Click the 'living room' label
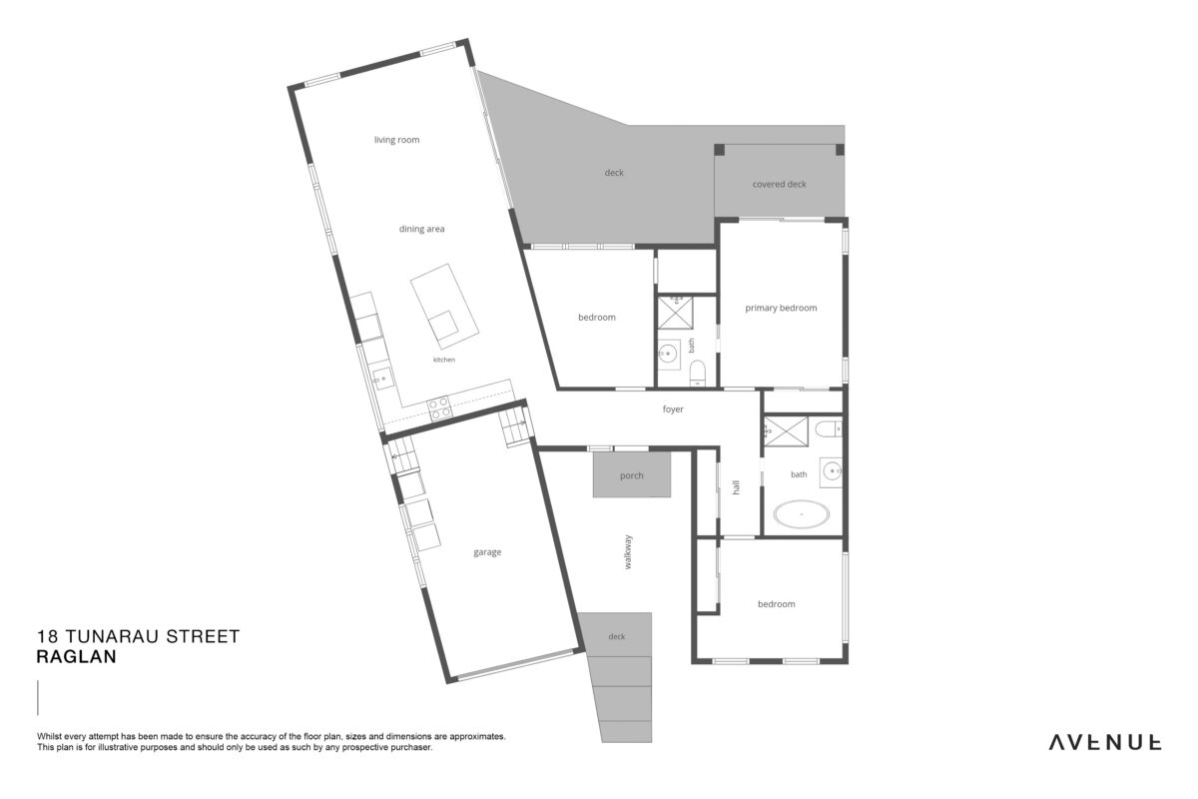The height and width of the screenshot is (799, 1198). pyautogui.click(x=396, y=140)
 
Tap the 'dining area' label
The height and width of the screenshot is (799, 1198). pyautogui.click(x=421, y=229)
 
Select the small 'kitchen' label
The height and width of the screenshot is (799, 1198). pyautogui.click(x=444, y=360)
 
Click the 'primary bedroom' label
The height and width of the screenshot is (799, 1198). pyautogui.click(x=781, y=308)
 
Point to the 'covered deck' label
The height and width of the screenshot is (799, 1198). pyautogui.click(x=780, y=184)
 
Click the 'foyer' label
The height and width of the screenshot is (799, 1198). pyautogui.click(x=673, y=409)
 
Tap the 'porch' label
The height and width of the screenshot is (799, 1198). pyautogui.click(x=632, y=475)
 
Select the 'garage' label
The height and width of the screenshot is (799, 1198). pyautogui.click(x=487, y=552)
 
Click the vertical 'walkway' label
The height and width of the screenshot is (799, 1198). pyautogui.click(x=628, y=551)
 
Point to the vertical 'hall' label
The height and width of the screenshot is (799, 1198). pyautogui.click(x=736, y=487)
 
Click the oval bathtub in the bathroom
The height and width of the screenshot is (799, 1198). pyautogui.click(x=801, y=514)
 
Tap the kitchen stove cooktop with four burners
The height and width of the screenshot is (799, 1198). pyautogui.click(x=439, y=408)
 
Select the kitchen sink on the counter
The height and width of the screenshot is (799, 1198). pyautogui.click(x=382, y=379)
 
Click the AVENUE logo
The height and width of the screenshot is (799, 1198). pyautogui.click(x=1105, y=743)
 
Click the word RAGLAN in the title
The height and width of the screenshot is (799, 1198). pyautogui.click(x=77, y=657)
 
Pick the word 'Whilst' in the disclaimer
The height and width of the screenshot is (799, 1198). pyautogui.click(x=49, y=736)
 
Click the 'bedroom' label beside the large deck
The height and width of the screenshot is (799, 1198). pyautogui.click(x=597, y=318)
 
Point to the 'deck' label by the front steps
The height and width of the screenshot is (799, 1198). pyautogui.click(x=617, y=637)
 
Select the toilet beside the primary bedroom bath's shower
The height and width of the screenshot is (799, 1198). pyautogui.click(x=828, y=428)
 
